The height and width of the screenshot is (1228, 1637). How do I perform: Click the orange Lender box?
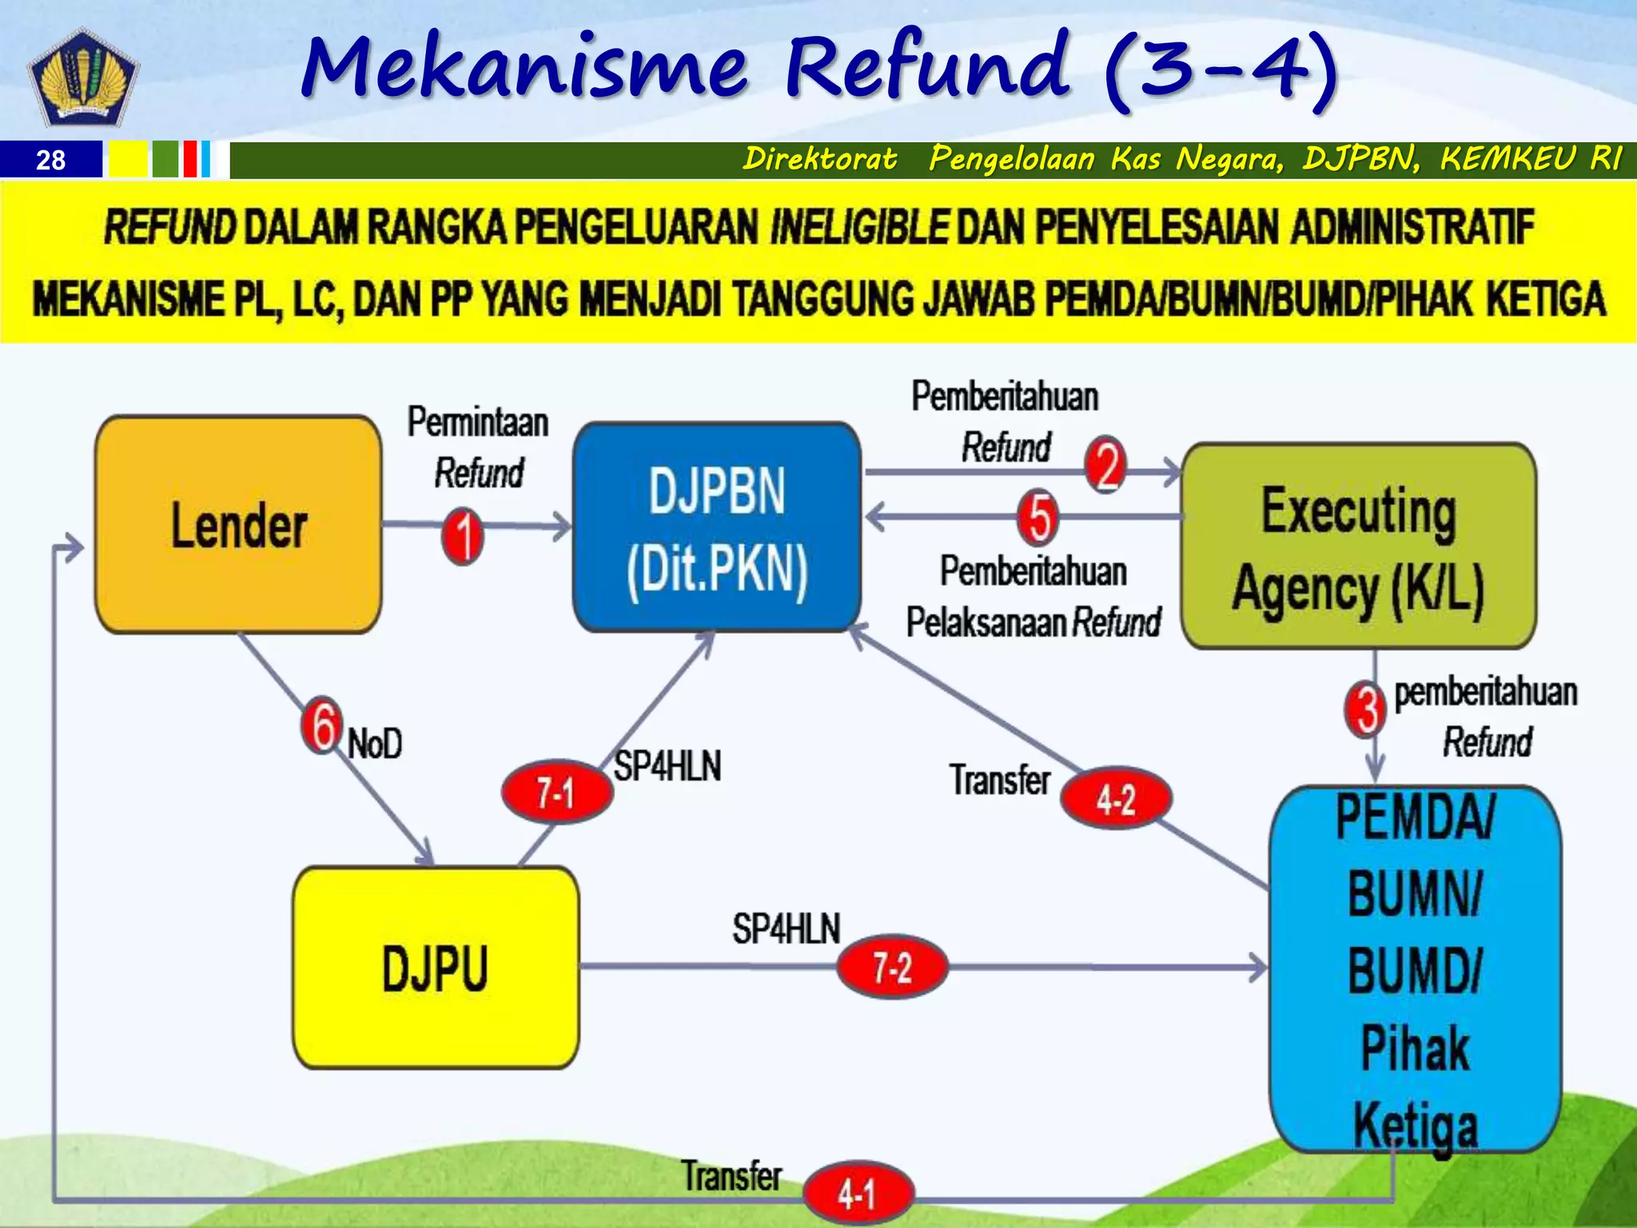point(238,525)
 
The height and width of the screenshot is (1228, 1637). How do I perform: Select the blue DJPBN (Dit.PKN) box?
point(717,528)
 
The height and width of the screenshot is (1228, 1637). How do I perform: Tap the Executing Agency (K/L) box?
point(1358,547)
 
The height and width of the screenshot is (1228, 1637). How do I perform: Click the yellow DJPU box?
point(436,968)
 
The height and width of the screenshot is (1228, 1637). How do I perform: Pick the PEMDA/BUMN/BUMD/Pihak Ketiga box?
point(1415,969)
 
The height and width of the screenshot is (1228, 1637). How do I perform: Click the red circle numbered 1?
point(463,536)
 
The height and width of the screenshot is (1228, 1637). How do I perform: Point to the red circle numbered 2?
point(1105,464)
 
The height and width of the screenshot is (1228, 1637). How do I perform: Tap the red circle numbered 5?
point(1038,516)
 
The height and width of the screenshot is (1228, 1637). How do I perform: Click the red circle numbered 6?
point(322,725)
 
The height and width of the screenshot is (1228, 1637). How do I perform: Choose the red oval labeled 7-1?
point(556,792)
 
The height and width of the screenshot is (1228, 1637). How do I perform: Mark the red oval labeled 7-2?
point(892,968)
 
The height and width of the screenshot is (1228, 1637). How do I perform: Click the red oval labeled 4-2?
point(1116,799)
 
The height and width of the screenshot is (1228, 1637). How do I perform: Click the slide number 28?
point(50,161)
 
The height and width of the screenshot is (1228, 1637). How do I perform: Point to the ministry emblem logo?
point(83,78)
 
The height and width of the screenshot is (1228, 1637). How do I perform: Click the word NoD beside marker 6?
point(375,744)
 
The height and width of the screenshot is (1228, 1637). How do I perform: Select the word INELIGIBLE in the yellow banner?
point(859,227)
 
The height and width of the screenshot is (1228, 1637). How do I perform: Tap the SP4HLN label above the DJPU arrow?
point(786,929)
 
